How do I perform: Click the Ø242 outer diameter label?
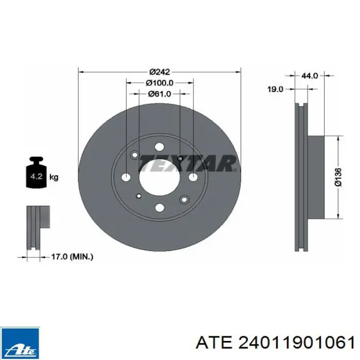159,72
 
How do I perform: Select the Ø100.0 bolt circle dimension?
160,83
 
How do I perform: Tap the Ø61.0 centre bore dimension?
160,94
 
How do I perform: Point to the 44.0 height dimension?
310,76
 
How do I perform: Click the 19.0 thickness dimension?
276,89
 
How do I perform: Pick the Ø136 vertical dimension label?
338,177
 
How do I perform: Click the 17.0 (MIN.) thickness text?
72,257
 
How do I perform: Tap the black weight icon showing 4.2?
37,172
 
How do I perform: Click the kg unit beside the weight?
54,177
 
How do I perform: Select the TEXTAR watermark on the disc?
188,163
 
